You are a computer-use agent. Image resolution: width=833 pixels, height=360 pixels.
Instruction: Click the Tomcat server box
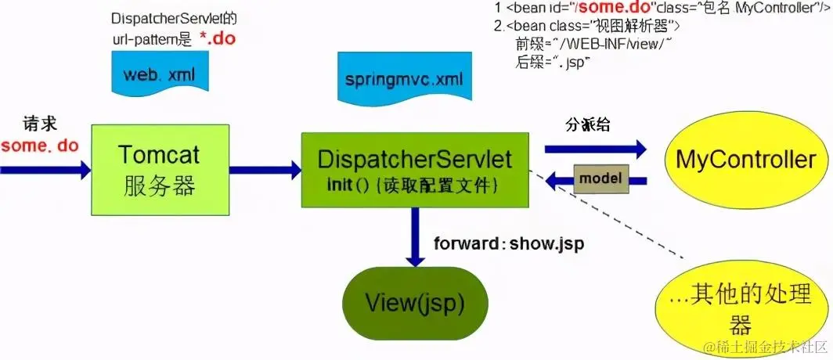[160, 169]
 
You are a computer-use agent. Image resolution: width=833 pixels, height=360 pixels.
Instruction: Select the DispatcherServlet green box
[414, 169]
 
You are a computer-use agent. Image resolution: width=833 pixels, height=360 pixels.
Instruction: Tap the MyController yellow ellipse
[745, 160]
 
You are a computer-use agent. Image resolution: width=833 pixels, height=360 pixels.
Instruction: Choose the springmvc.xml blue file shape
[403, 81]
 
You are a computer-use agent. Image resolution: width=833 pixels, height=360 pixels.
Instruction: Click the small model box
[600, 178]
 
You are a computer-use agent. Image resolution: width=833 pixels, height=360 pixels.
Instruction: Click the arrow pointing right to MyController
[596, 148]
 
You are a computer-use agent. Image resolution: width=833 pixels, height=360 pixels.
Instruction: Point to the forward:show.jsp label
[509, 243]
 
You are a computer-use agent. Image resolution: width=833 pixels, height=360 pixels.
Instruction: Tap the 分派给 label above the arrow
[587, 125]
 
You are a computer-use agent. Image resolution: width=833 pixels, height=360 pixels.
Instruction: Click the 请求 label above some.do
[38, 124]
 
